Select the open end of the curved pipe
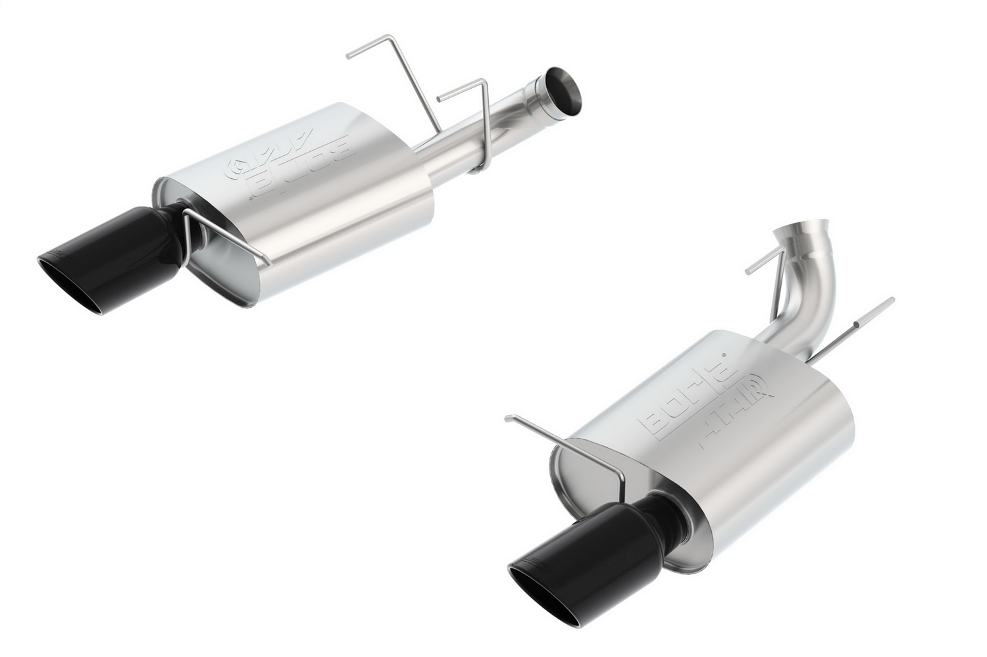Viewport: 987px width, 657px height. click(794, 233)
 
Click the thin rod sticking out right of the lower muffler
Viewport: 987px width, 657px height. click(855, 335)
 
